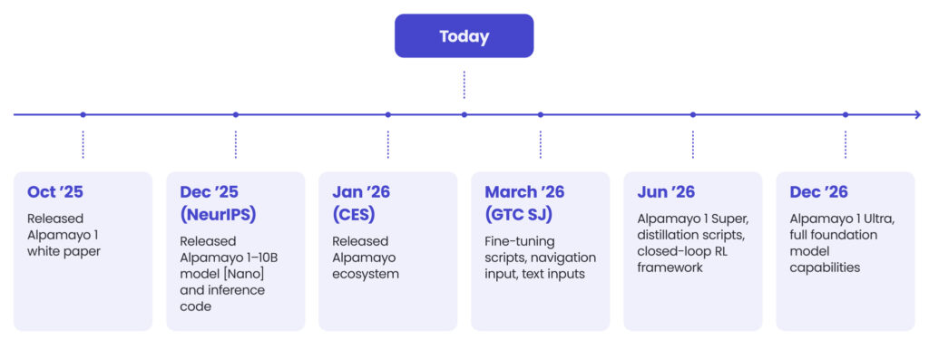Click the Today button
(464, 36)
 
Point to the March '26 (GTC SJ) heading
(523, 203)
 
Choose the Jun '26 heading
(665, 192)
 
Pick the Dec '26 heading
(818, 192)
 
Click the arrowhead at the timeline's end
(916, 114)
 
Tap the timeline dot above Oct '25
(83, 114)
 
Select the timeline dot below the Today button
(464, 114)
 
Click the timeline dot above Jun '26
(693, 114)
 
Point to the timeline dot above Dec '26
(846, 114)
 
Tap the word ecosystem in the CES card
(366, 274)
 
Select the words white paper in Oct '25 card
(64, 251)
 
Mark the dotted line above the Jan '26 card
(388, 144)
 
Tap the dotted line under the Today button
(464, 84)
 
